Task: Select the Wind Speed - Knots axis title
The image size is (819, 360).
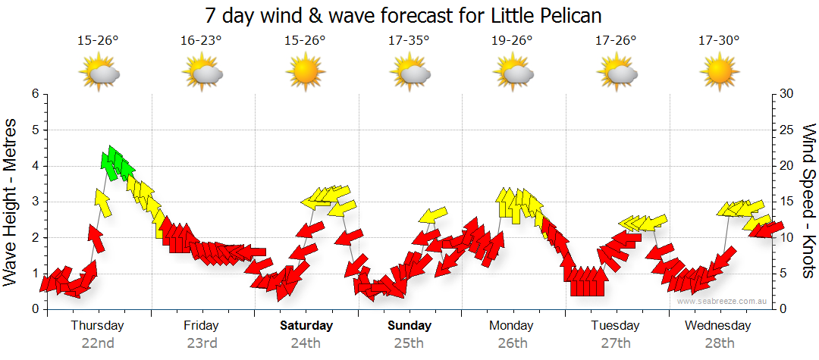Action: pyautogui.click(x=808, y=201)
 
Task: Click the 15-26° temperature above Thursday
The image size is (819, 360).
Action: pyautogui.click(x=98, y=40)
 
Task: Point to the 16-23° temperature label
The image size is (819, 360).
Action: pyautogui.click(x=201, y=40)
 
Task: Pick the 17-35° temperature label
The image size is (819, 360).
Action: pyautogui.click(x=409, y=40)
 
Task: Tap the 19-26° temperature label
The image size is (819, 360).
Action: pyautogui.click(x=513, y=40)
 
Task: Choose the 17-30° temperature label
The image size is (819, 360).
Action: pyautogui.click(x=719, y=40)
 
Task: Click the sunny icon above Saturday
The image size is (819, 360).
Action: pyautogui.click(x=306, y=73)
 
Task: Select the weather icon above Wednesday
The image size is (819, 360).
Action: pyautogui.click(x=719, y=73)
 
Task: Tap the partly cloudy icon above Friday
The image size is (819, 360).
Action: pyautogui.click(x=202, y=73)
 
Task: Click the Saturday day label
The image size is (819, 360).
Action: pyautogui.click(x=306, y=326)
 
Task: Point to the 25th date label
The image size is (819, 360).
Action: pyautogui.click(x=409, y=343)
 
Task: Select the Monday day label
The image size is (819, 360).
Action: pyautogui.click(x=512, y=326)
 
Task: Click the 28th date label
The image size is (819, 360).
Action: pyautogui.click(x=719, y=343)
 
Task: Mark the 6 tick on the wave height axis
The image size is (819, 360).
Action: pyautogui.click(x=35, y=94)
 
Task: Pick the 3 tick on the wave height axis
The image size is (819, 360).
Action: pyautogui.click(x=35, y=202)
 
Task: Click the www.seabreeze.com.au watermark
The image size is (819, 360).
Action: pyautogui.click(x=723, y=301)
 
